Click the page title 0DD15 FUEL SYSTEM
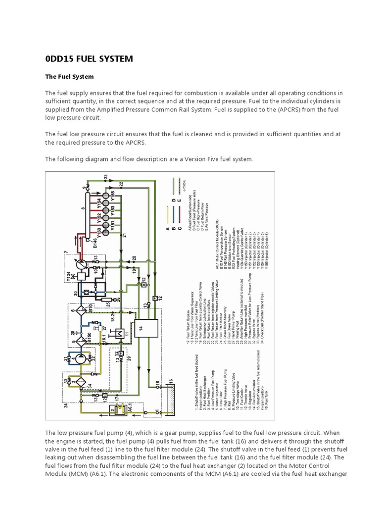point(89,59)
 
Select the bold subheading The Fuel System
point(69,77)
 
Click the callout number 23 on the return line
point(105,177)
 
